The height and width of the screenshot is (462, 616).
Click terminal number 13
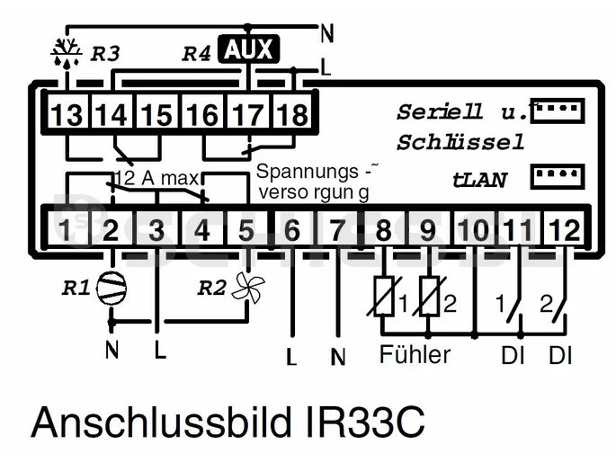point(66,115)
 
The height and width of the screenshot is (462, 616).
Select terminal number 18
point(293,115)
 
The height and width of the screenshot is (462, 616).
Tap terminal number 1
point(66,230)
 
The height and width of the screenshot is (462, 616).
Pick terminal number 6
point(292,230)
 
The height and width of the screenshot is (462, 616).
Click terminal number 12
point(565,230)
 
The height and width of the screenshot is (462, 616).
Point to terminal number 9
point(429,230)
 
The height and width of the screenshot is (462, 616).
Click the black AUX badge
point(249,50)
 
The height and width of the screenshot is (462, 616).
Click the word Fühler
point(415,355)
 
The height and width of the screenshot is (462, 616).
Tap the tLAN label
point(479,180)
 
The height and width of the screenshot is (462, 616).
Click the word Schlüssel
point(460,144)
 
